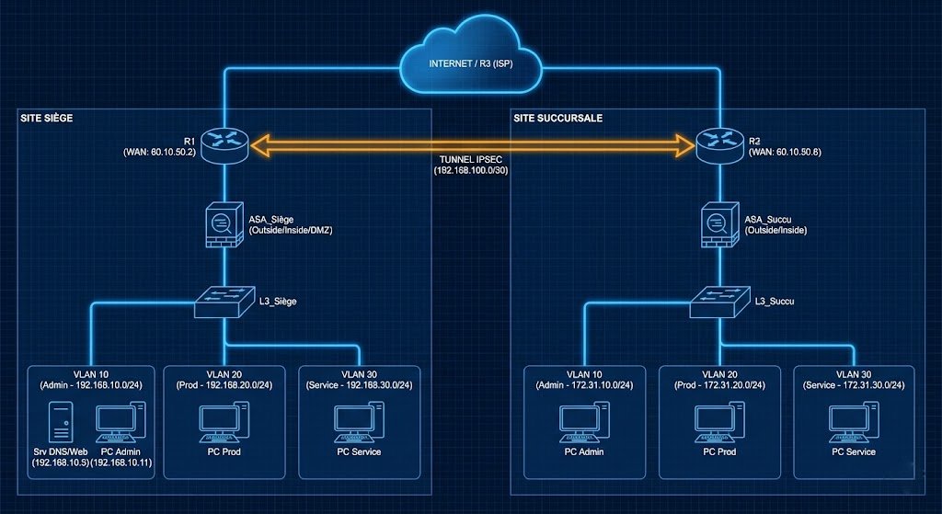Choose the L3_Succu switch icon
(x=719, y=301)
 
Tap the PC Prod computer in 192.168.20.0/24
(x=224, y=421)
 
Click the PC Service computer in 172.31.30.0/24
(x=853, y=421)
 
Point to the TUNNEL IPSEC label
(x=470, y=159)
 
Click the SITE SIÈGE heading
(x=47, y=119)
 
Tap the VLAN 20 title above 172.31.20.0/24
(x=719, y=374)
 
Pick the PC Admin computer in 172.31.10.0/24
(x=583, y=421)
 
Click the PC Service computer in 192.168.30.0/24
(x=358, y=421)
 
